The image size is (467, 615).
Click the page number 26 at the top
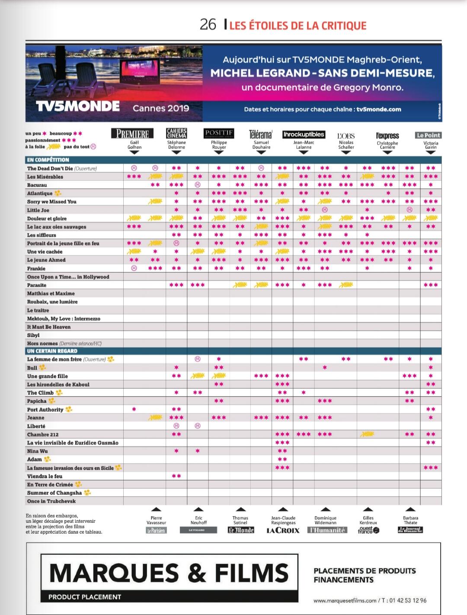coord(208,25)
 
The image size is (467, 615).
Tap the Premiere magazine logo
coord(132,134)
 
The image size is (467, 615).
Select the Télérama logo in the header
coord(261,134)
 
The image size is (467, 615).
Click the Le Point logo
coord(428,135)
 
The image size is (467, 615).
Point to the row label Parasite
coord(37,285)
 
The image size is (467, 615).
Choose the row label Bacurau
coord(37,185)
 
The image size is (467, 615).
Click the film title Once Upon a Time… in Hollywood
coord(68,277)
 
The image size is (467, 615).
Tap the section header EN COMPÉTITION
coord(48,160)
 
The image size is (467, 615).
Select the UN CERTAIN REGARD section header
coord(52,351)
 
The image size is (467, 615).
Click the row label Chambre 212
coord(42,435)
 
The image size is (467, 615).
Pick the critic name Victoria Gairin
coord(431,145)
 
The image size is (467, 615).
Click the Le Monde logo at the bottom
coord(241,530)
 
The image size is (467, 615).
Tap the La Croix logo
coord(283,530)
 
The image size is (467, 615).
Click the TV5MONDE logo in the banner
coord(78,106)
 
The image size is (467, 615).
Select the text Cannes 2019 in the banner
coord(161,108)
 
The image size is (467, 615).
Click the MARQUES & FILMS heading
coord(169,573)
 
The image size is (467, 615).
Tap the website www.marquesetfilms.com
coord(345,600)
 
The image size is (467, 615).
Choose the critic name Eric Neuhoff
coord(198,520)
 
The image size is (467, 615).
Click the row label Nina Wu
coord(37,451)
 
